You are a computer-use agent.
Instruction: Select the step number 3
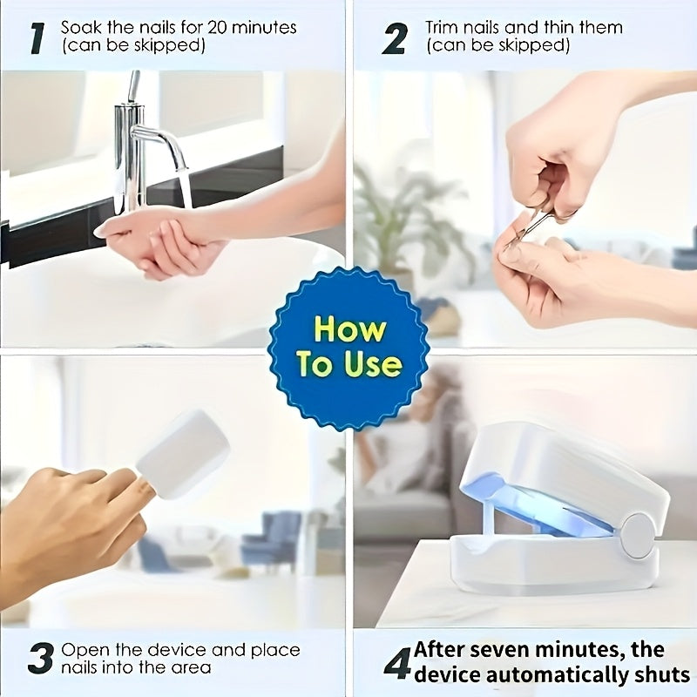click(40, 659)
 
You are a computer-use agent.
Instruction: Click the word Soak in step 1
click(81, 27)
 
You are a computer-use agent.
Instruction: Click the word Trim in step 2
click(443, 27)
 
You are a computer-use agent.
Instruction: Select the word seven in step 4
click(506, 650)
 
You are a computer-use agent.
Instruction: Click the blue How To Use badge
click(348, 348)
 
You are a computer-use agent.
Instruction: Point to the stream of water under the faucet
click(185, 187)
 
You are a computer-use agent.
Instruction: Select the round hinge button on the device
click(638, 534)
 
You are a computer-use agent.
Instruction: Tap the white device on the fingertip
click(183, 455)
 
